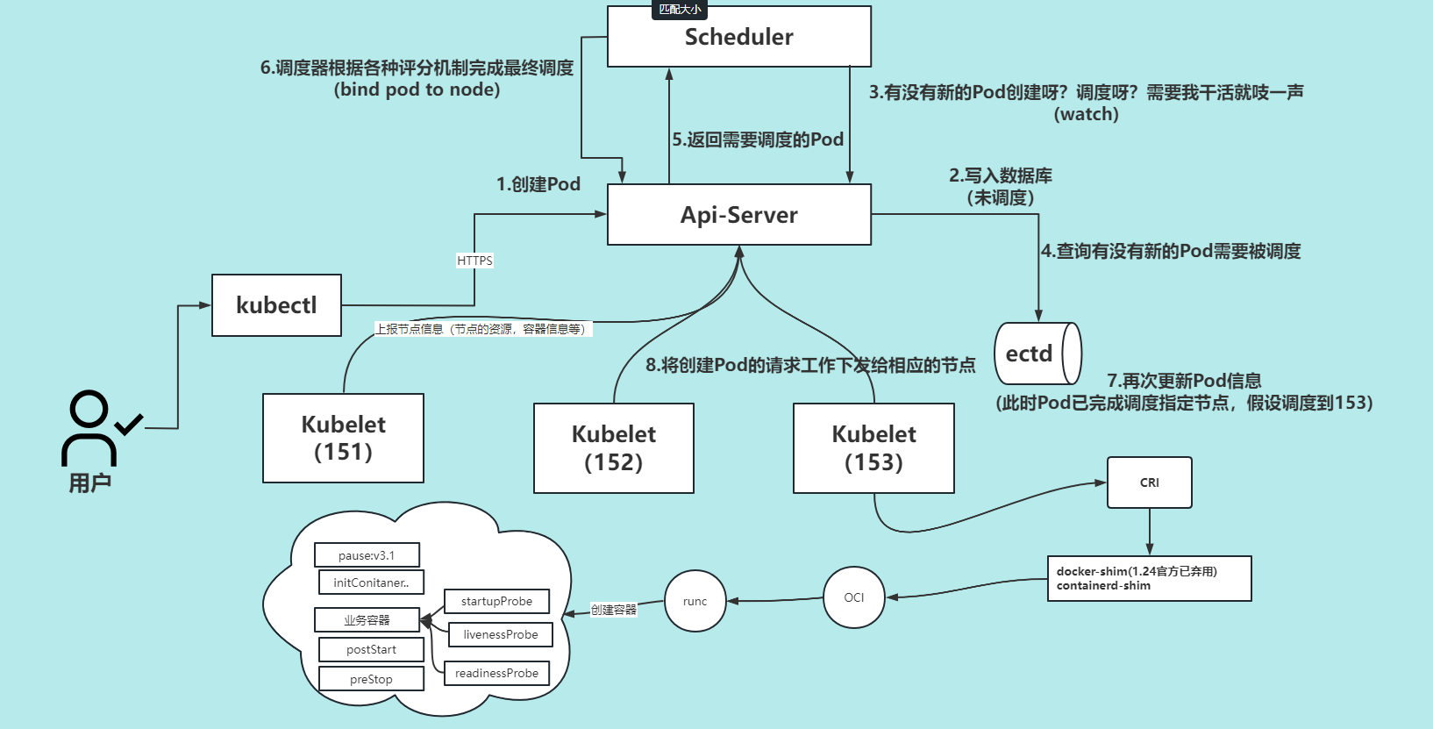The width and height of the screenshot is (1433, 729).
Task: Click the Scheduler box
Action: click(738, 37)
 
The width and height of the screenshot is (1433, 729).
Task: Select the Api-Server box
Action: click(738, 215)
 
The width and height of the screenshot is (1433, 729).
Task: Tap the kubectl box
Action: click(276, 305)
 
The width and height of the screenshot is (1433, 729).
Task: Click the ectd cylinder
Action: click(1036, 354)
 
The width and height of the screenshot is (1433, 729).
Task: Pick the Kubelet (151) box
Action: click(343, 438)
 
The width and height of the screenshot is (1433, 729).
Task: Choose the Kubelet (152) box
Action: click(613, 448)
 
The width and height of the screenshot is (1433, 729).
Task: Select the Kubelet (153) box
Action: click(873, 448)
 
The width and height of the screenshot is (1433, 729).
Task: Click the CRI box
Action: click(1149, 482)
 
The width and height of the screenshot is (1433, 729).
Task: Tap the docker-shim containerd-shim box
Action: click(1149, 578)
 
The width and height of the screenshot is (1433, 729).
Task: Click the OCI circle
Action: click(853, 597)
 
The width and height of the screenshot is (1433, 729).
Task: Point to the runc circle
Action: click(695, 601)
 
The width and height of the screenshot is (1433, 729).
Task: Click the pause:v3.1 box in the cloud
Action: click(367, 555)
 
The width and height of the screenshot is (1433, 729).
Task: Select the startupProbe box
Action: click(496, 601)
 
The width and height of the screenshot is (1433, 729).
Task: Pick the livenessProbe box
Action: click(500, 634)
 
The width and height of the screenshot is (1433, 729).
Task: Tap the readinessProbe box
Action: click(496, 673)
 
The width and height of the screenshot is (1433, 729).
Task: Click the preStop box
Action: click(371, 679)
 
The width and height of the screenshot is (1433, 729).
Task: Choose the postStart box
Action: click(371, 649)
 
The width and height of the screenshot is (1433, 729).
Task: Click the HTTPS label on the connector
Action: click(474, 261)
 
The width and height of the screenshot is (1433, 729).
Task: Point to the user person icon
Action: click(91, 427)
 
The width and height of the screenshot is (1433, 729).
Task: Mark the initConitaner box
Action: click(371, 582)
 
